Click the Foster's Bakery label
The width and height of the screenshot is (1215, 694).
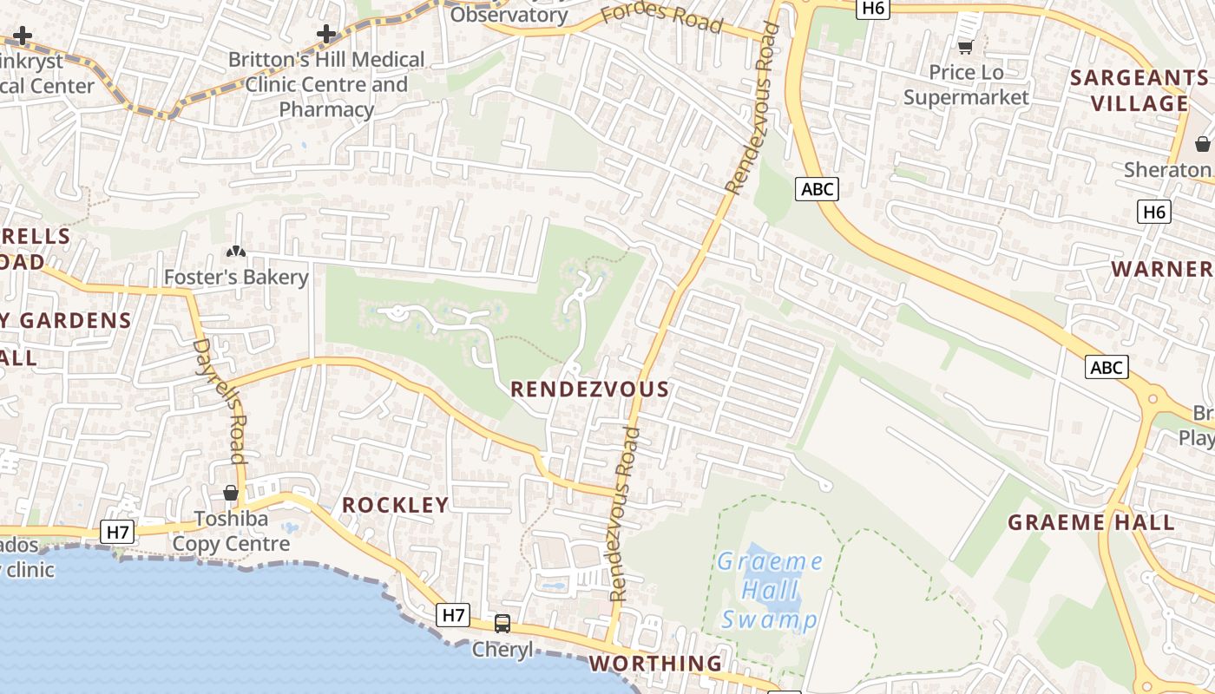[236, 277]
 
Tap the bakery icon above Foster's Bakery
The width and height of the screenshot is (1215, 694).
[235, 252]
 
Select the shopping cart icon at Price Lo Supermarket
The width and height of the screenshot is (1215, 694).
[965, 47]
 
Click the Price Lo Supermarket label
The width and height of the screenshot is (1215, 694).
[966, 84]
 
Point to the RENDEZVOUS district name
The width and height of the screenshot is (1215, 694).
[590, 390]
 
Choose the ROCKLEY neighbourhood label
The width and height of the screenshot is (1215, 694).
[396, 505]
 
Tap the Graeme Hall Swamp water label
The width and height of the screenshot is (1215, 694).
[770, 591]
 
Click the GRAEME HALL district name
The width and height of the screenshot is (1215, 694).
[1091, 522]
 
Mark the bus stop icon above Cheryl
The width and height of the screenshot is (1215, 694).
[502, 623]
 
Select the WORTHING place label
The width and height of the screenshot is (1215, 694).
[655, 664]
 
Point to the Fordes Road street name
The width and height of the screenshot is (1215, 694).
[662, 16]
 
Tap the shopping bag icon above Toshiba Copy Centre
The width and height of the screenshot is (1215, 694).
[231, 493]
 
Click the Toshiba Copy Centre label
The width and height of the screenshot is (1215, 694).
[231, 531]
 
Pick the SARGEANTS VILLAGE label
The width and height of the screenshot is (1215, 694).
[1139, 90]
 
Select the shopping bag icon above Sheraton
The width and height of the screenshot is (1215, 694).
[1203, 143]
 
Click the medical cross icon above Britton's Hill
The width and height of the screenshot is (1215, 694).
[326, 35]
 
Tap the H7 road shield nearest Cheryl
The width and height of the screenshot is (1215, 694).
[454, 616]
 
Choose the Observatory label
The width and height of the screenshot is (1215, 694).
[509, 15]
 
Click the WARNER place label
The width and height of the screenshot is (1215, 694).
[1162, 269]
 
